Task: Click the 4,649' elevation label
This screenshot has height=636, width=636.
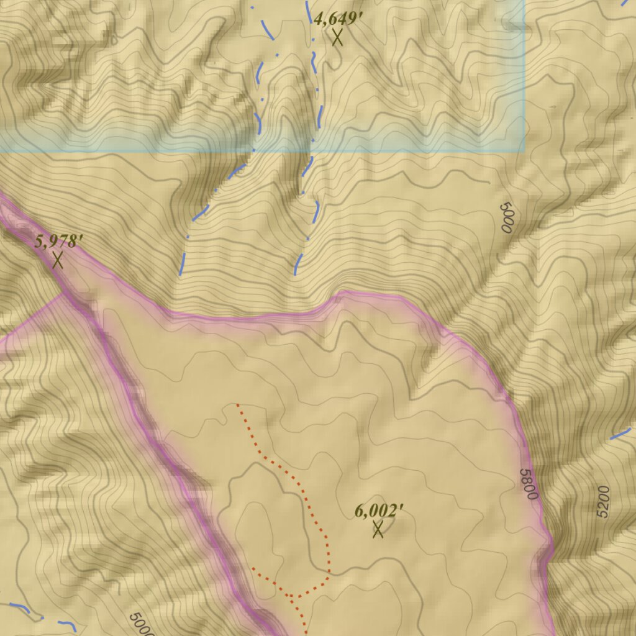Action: (x=338, y=18)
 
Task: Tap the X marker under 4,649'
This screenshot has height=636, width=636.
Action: (x=337, y=37)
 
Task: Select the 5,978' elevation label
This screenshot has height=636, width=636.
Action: (x=58, y=242)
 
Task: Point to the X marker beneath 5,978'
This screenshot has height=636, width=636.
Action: (x=58, y=260)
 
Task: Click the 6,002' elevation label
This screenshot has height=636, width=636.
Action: (x=379, y=511)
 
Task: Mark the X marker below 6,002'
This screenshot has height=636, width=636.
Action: (x=378, y=530)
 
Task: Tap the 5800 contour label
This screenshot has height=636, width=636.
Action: (x=529, y=485)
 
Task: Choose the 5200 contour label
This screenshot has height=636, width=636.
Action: (x=602, y=502)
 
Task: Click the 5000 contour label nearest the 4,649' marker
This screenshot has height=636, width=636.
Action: (x=506, y=217)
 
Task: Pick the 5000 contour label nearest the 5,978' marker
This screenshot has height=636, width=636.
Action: (x=141, y=625)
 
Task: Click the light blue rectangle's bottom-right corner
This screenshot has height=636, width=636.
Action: (x=524, y=151)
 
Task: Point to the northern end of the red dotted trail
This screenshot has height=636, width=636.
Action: (x=237, y=404)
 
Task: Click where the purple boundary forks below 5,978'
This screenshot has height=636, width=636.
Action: (x=65, y=293)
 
